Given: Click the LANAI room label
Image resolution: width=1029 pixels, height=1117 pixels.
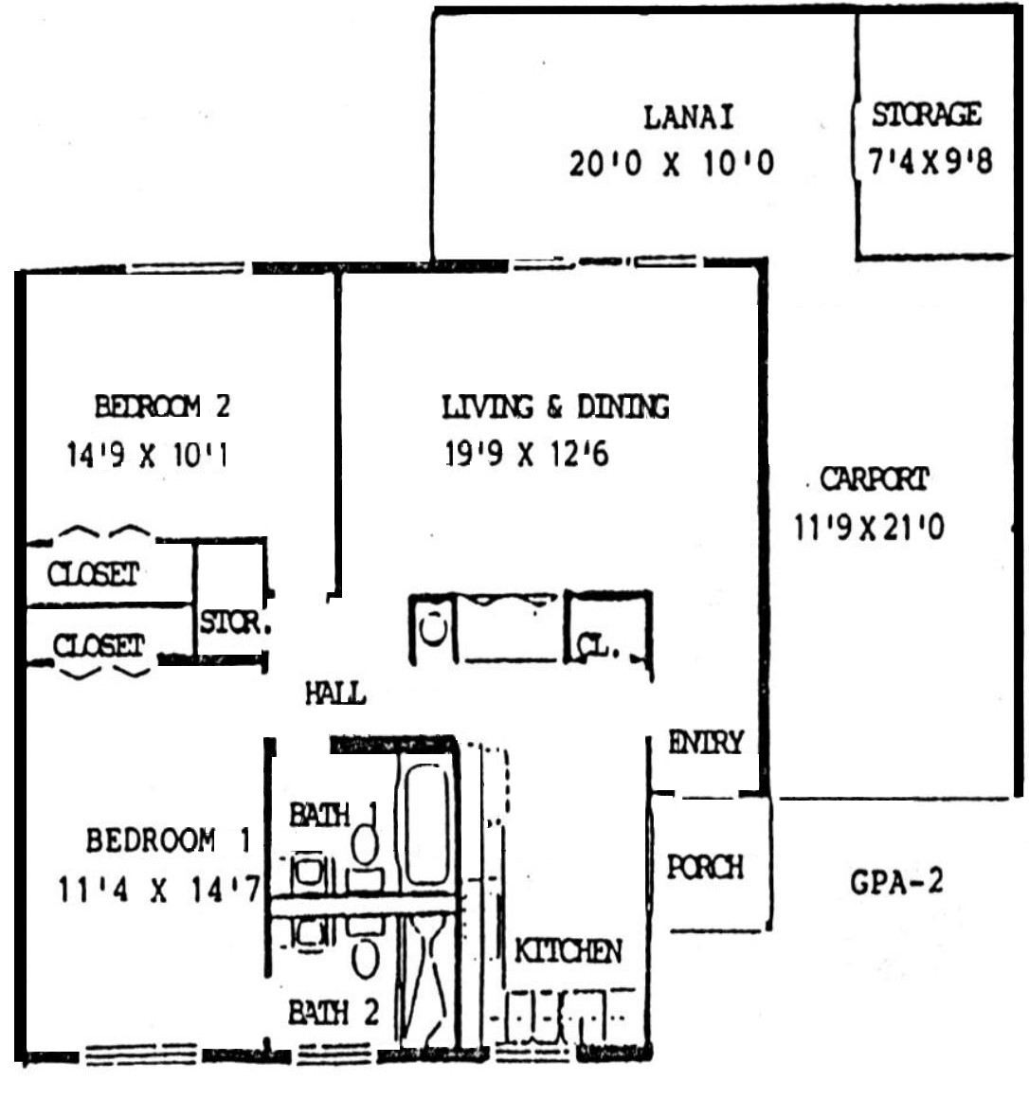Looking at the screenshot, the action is pyautogui.click(x=689, y=117).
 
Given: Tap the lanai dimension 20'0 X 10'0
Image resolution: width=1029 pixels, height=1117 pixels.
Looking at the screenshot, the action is pyautogui.click(x=671, y=163).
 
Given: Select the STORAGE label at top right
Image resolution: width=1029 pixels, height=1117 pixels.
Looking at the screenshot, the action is pyautogui.click(x=927, y=115).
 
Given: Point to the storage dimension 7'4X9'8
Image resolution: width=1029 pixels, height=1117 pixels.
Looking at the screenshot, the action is pyautogui.click(x=930, y=161).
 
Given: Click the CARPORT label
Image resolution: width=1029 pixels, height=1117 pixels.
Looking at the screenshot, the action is pyautogui.click(x=875, y=478).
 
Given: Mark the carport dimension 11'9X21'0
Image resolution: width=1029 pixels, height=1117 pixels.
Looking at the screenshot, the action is pyautogui.click(x=870, y=528).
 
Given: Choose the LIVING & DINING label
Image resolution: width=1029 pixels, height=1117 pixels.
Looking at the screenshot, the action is pyautogui.click(x=555, y=406).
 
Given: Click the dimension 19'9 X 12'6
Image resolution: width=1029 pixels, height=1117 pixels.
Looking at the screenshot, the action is pyautogui.click(x=527, y=454).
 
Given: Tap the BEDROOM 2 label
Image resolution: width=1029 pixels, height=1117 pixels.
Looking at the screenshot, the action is pyautogui.click(x=162, y=406).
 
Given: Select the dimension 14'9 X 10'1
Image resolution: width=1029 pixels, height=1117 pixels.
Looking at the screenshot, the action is pyautogui.click(x=147, y=455).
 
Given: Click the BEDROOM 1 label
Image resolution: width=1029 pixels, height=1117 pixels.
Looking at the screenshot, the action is pyautogui.click(x=169, y=840).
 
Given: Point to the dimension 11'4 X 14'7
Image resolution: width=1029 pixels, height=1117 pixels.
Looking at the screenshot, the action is pyautogui.click(x=159, y=890).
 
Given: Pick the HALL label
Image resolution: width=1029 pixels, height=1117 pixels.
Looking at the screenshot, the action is pyautogui.click(x=334, y=694).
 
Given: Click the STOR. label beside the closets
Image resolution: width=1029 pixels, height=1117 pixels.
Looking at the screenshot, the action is pyautogui.click(x=235, y=622).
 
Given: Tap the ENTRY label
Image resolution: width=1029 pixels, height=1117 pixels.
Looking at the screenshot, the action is pyautogui.click(x=706, y=742).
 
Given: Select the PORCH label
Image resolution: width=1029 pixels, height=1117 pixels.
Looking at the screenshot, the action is pyautogui.click(x=705, y=867).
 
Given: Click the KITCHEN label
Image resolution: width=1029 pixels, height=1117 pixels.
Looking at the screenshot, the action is pyautogui.click(x=568, y=951).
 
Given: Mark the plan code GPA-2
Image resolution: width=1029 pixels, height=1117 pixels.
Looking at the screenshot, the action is pyautogui.click(x=896, y=882).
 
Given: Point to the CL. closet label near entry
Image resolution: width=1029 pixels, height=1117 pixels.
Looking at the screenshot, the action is pyautogui.click(x=597, y=645).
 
